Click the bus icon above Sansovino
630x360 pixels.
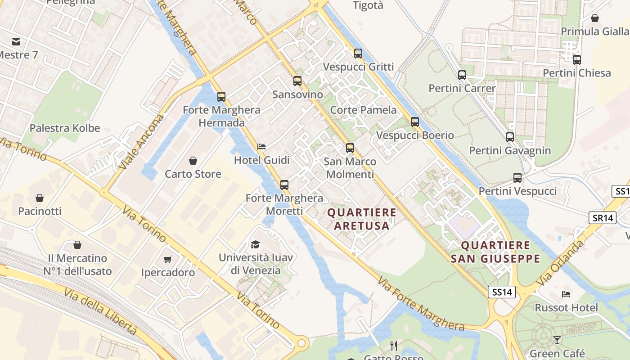click(x=297, y=81)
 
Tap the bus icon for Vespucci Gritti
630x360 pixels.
click(x=358, y=53)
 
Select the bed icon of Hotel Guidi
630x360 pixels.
click(x=261, y=147)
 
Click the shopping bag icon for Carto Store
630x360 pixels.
click(x=193, y=161)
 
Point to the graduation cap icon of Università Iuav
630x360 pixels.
click(x=255, y=244)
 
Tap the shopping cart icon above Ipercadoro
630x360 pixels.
click(x=168, y=259)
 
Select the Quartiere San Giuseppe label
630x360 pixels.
click(x=495, y=252)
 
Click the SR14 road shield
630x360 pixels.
click(x=603, y=218)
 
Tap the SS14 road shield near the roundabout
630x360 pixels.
click(x=502, y=292)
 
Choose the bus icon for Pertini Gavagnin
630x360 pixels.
click(x=509, y=137)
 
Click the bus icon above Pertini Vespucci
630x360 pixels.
click(x=517, y=178)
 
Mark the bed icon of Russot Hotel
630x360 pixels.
click(x=566, y=294)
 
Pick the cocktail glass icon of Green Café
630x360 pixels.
click(x=557, y=340)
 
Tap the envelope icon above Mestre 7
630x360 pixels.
click(x=16, y=42)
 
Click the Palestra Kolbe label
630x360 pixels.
click(x=65, y=128)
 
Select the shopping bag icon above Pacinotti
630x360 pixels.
click(x=40, y=198)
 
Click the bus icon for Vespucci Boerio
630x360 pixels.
click(x=415, y=121)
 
